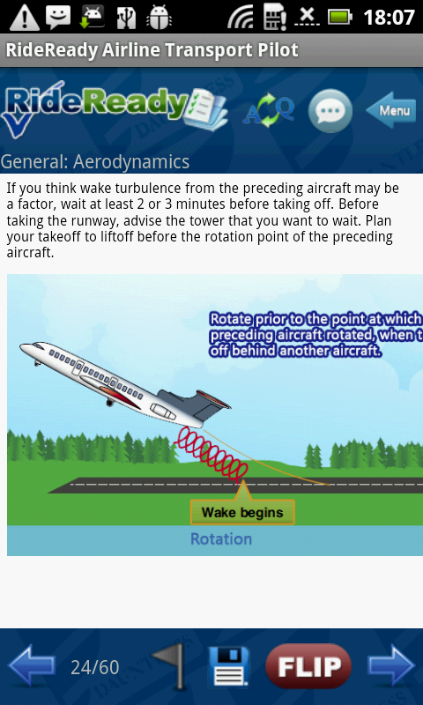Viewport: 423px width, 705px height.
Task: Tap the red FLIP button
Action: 308,666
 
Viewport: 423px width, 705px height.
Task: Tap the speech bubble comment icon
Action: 330,111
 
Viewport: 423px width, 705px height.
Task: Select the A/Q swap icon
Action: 269,111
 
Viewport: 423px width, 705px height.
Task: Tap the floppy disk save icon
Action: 228,667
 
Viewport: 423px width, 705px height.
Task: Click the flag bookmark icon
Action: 170,666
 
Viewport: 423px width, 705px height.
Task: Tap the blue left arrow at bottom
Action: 31,666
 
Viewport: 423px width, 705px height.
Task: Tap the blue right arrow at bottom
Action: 391,666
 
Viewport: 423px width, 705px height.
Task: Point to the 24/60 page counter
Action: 95,667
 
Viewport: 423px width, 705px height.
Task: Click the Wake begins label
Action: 242,512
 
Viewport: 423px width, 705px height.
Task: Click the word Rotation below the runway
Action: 221,539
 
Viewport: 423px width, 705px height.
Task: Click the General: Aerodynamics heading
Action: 95,161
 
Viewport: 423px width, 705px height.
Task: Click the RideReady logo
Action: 97,108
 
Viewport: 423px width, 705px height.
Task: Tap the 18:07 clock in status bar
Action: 388,17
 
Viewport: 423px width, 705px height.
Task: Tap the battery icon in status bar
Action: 339,17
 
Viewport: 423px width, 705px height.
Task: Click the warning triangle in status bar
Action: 24,17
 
